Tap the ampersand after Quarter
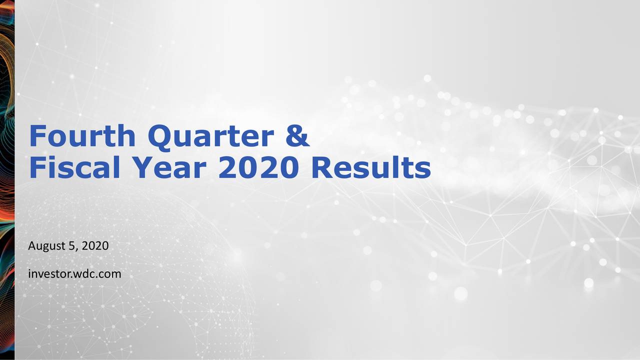point(298,136)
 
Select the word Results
point(370,168)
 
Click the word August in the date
point(45,246)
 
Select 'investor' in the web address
point(49,274)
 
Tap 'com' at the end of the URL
point(110,274)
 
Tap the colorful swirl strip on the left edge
point(7,180)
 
